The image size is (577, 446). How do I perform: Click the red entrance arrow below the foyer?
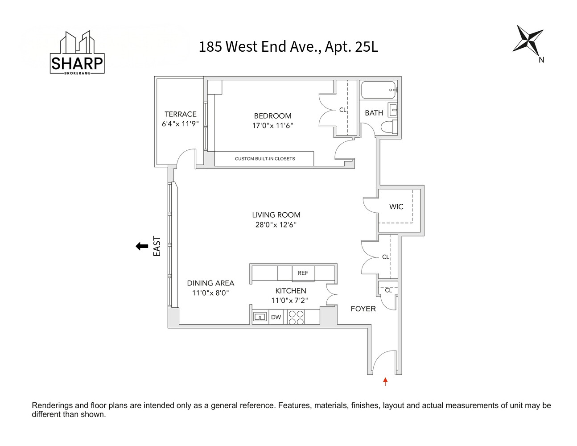point(385,381)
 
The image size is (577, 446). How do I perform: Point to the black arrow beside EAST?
point(142,246)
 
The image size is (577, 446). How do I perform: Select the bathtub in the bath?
point(378,90)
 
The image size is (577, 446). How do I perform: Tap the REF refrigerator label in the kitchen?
point(303,273)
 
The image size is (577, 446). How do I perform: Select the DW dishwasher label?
point(276,317)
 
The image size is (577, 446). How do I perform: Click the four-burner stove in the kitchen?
point(296,317)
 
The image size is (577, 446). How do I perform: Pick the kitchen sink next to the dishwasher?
point(260,317)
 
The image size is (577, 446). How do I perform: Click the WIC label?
point(396,206)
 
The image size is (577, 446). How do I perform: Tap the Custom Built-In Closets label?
point(264,159)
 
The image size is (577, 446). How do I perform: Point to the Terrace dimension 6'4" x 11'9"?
point(180,124)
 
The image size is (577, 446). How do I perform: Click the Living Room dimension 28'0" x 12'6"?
point(276,225)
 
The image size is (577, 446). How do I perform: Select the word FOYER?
point(363,309)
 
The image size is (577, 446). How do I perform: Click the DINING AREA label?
point(210,283)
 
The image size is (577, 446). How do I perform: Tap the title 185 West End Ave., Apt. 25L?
point(288,47)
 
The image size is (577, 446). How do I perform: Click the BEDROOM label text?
point(272,116)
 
